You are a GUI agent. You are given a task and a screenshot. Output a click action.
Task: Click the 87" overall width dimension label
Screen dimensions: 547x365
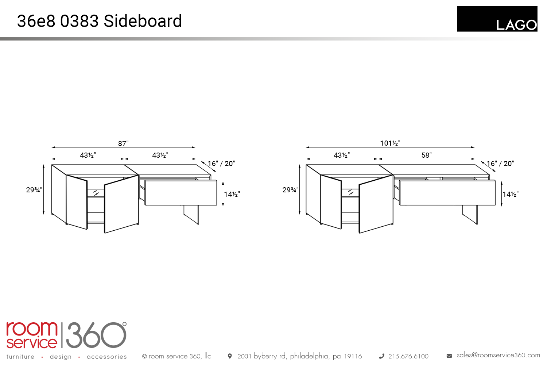click(x=123, y=143)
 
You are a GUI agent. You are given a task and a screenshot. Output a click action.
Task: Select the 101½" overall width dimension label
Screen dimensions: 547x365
click(x=390, y=143)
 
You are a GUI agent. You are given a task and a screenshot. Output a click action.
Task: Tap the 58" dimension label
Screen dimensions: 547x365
click(x=427, y=155)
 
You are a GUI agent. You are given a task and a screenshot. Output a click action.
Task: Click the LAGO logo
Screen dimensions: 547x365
click(x=497, y=19)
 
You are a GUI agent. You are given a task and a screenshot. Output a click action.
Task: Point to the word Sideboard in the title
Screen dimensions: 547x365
click(x=143, y=21)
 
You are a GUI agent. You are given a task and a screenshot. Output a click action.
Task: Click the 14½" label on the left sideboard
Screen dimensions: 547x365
click(x=232, y=194)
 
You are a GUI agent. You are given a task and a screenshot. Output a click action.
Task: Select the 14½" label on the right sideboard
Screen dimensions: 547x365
click(x=511, y=194)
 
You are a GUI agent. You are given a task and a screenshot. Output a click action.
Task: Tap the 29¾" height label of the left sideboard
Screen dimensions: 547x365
click(x=34, y=190)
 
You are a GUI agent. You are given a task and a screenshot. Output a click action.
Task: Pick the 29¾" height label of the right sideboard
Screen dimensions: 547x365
click(x=291, y=190)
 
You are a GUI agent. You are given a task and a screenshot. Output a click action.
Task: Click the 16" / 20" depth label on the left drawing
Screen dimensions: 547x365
click(x=221, y=164)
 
